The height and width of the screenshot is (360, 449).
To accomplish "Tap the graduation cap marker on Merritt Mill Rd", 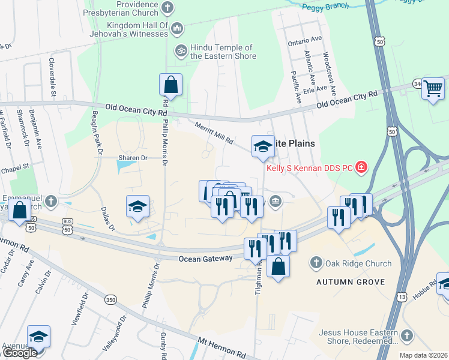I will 262,146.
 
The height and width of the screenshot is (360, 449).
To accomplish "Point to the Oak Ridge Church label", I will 358,263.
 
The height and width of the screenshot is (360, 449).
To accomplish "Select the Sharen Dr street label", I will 132,158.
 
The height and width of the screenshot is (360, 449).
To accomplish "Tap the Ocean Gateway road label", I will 205,258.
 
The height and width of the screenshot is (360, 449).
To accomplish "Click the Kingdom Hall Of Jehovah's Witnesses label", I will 137,29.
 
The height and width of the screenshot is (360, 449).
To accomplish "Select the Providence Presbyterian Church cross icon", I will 167,8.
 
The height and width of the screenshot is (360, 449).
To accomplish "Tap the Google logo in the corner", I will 19,353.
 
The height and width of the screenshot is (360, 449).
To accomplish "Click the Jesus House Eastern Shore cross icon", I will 407,336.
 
